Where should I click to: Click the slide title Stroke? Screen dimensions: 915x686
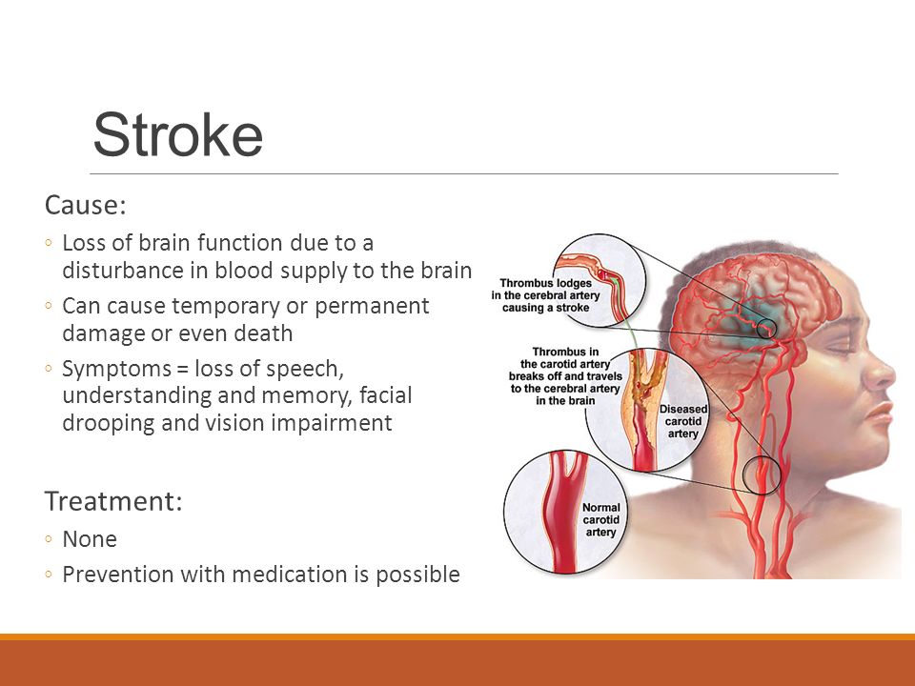coord(178,134)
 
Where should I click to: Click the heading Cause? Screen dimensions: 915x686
coord(85,206)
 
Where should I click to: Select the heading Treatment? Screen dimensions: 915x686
coord(113,501)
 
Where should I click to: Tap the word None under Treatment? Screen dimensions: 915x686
coord(90,539)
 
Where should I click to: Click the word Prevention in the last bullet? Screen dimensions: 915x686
coord(117,574)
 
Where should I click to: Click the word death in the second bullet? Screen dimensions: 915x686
coord(263,333)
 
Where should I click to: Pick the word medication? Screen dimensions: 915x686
coord(290,574)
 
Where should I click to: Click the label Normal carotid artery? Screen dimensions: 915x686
coord(600,520)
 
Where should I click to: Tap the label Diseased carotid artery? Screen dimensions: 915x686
coord(683,421)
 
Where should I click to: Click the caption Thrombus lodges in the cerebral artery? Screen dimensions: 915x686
coord(545,295)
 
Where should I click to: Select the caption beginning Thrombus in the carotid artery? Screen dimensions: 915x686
coord(565,376)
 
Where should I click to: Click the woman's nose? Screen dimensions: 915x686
coord(880,373)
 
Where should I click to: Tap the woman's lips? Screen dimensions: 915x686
coord(879,416)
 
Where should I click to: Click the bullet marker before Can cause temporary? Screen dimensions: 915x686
coord(49,306)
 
